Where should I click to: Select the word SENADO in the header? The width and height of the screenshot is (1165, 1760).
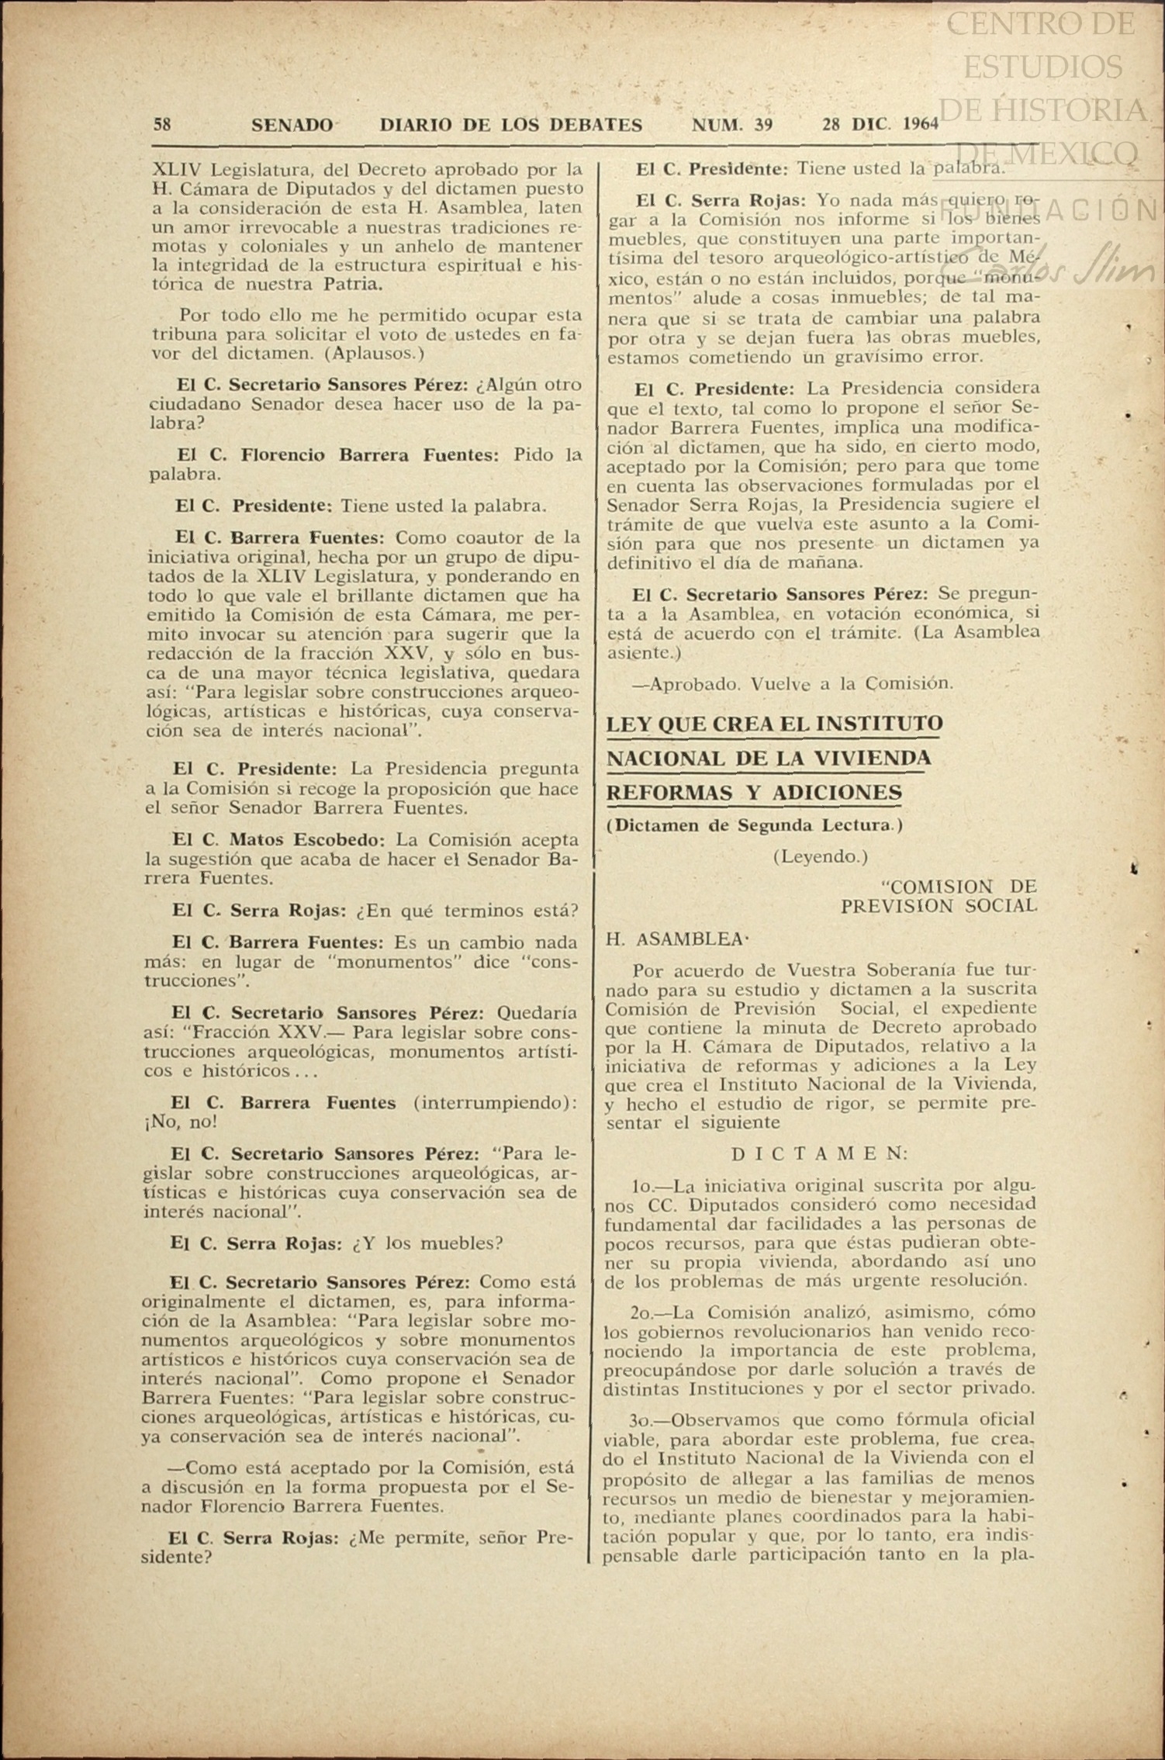pyautogui.click(x=292, y=125)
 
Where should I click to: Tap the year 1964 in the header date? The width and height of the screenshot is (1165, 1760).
pyautogui.click(x=921, y=125)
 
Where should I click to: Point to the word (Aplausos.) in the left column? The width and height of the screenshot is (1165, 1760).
pyautogui.click(x=375, y=354)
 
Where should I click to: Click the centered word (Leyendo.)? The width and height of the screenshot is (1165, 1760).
pyautogui.click(x=820, y=856)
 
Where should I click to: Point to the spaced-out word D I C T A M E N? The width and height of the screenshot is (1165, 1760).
pyautogui.click(x=820, y=1153)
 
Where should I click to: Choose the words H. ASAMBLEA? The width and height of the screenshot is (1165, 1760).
pyautogui.click(x=676, y=939)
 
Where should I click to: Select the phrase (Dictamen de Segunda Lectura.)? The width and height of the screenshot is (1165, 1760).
pyautogui.click(x=755, y=825)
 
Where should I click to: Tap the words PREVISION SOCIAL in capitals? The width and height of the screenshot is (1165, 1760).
pyautogui.click(x=939, y=906)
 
